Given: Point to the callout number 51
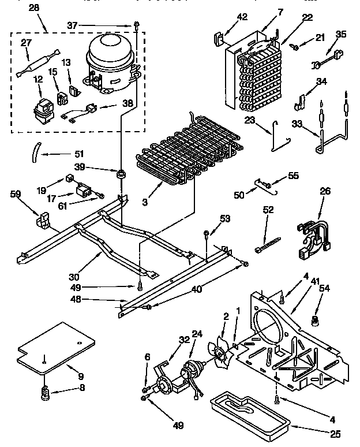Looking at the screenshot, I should pyautogui.click(x=79, y=154).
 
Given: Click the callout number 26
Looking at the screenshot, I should pyautogui.click(x=326, y=191).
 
